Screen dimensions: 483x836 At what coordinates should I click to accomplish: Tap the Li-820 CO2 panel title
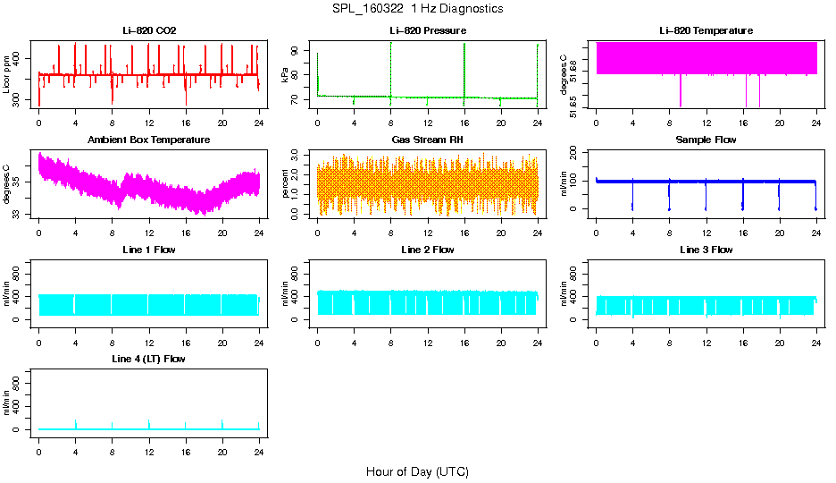tap(149, 30)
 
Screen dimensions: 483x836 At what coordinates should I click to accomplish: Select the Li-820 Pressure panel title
tap(427, 30)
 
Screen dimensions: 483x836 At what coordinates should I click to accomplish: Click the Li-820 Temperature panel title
tap(706, 30)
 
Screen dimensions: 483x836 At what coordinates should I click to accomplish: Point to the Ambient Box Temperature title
tap(149, 140)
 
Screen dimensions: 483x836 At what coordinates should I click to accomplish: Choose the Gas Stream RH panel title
tap(427, 140)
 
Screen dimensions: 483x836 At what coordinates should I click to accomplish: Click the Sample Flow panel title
tap(706, 140)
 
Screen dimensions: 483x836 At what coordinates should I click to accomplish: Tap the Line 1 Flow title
tap(149, 250)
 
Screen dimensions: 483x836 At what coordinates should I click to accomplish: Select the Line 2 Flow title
tap(427, 250)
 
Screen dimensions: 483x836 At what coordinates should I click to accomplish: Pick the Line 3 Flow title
tap(706, 250)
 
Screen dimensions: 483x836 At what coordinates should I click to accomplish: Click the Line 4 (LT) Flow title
tap(149, 359)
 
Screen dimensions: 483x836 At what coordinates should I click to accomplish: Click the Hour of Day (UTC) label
tap(417, 471)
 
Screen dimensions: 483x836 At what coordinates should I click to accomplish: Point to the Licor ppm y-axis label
tap(7, 74)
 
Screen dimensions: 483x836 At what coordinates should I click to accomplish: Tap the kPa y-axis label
tap(285, 74)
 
